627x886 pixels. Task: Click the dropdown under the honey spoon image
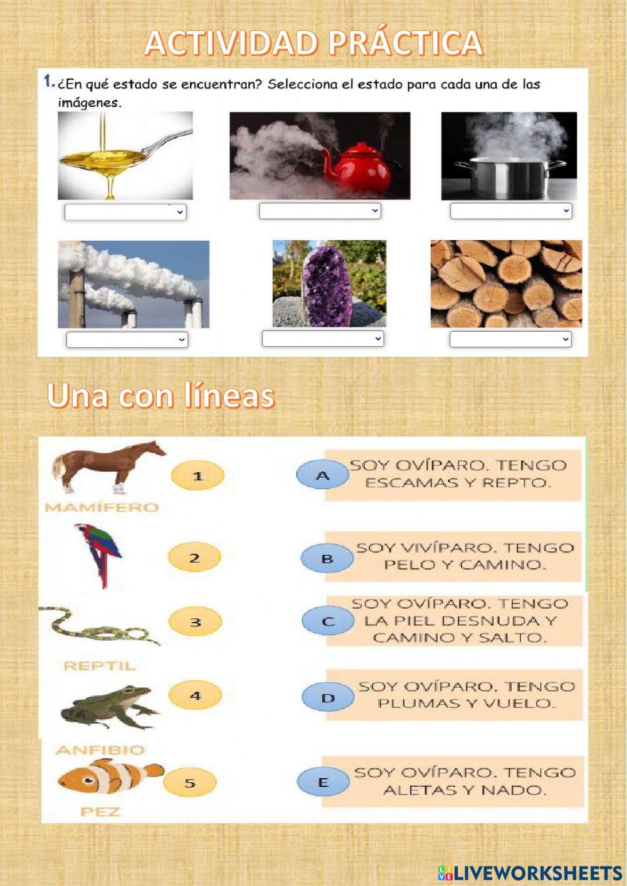125,213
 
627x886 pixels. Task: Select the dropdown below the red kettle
320,211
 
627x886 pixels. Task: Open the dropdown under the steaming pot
511,211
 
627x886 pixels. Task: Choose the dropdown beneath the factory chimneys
127,340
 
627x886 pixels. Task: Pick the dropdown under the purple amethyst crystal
323,339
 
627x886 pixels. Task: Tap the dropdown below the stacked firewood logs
510,339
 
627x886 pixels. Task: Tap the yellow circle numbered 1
198,476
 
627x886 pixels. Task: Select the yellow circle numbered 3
195,623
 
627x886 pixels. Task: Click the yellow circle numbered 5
189,783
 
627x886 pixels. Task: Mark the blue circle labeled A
322,475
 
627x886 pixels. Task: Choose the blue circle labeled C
328,621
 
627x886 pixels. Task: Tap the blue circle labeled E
324,782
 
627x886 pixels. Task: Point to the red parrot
99,554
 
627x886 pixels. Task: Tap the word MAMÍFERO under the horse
102,507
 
